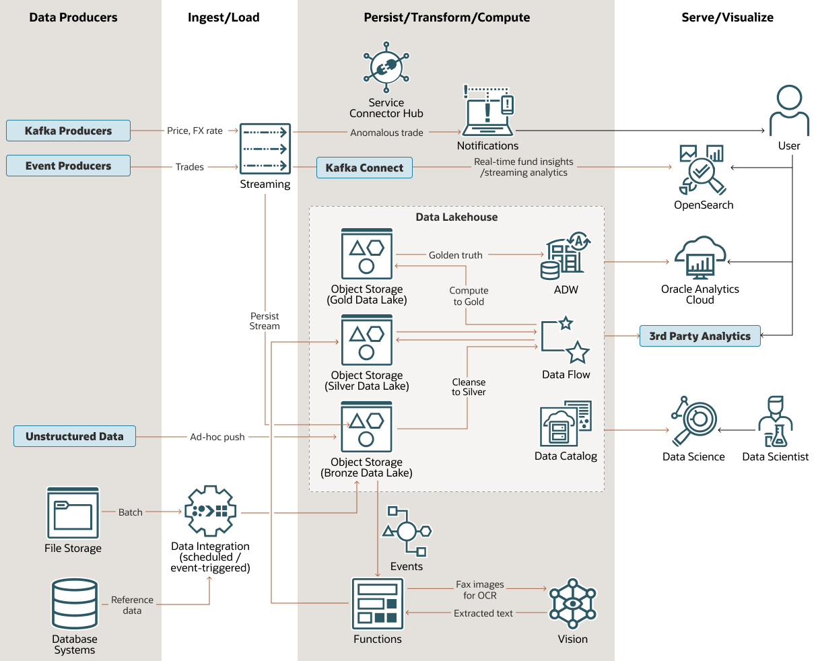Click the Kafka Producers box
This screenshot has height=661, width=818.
68,131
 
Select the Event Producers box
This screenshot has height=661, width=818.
68,166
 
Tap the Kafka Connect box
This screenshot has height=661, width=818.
364,168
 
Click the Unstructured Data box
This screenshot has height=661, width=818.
74,436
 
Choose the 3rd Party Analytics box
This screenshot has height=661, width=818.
700,336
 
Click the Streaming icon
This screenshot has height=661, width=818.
265,149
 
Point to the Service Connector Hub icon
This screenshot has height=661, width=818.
386,67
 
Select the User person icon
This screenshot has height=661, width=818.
789,111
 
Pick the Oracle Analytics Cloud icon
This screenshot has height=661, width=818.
700,258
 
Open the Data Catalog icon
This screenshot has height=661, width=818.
566,424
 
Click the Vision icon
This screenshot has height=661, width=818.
573,604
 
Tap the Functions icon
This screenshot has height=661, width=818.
378,604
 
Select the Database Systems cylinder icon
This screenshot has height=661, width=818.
75,604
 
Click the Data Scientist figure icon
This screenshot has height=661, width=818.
776,422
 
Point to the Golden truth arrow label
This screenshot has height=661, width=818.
456,255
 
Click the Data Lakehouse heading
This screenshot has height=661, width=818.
456,217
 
